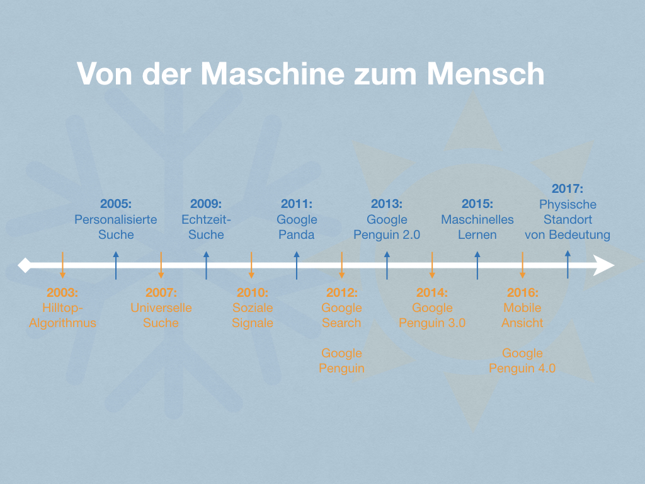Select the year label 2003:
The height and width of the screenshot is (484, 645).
coord(62,292)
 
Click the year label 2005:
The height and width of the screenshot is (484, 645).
coord(116,204)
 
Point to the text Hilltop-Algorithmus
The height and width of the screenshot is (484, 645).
coord(62,315)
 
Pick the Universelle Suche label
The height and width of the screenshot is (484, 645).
coord(161,315)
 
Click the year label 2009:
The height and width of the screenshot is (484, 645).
coord(206,204)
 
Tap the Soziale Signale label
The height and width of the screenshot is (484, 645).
coord(253,315)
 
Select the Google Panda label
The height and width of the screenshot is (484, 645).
coord(297,227)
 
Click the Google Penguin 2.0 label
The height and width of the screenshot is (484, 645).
coord(387,227)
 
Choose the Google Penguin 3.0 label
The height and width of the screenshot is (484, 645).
coord(432,315)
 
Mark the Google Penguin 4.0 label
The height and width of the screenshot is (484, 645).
coord(522,360)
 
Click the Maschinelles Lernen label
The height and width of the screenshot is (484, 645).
coord(477,227)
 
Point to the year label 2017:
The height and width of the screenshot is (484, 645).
coord(568,188)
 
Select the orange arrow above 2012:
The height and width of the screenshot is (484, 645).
coord(342,265)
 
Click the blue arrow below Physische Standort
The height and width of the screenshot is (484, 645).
coord(568,264)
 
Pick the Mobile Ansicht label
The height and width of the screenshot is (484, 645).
coord(522,315)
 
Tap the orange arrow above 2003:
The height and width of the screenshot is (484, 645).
coord(62,265)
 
